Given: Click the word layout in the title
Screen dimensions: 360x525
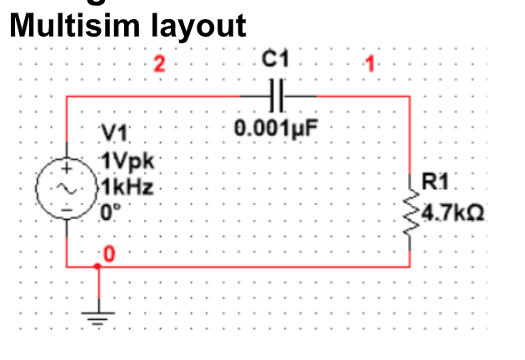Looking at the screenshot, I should (198, 26).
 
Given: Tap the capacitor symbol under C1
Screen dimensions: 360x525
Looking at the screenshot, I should (278, 97).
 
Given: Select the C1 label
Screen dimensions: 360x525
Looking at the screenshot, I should (278, 61).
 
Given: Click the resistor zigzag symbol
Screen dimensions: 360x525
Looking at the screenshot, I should (409, 212).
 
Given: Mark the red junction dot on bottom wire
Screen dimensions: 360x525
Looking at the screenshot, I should (97, 267).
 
